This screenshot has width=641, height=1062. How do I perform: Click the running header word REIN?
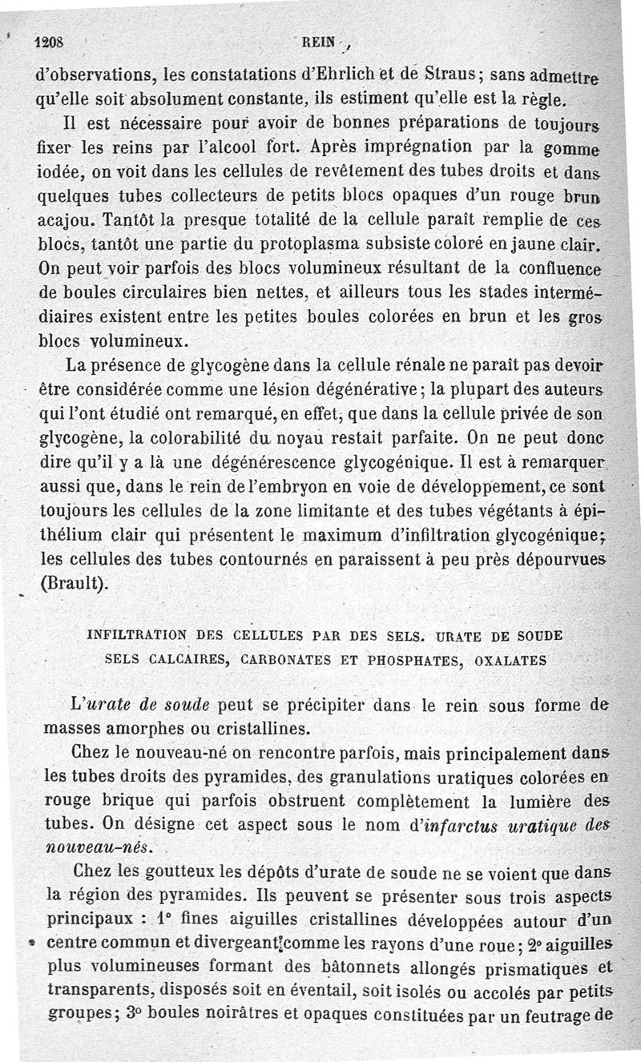tap(319, 43)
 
